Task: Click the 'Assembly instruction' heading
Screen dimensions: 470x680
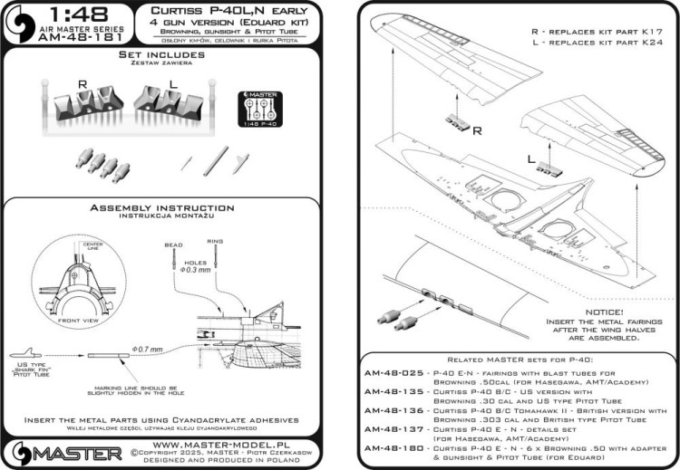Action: (x=169, y=208)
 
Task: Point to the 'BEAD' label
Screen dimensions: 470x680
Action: (x=174, y=245)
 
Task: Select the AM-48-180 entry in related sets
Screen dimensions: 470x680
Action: (x=396, y=447)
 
